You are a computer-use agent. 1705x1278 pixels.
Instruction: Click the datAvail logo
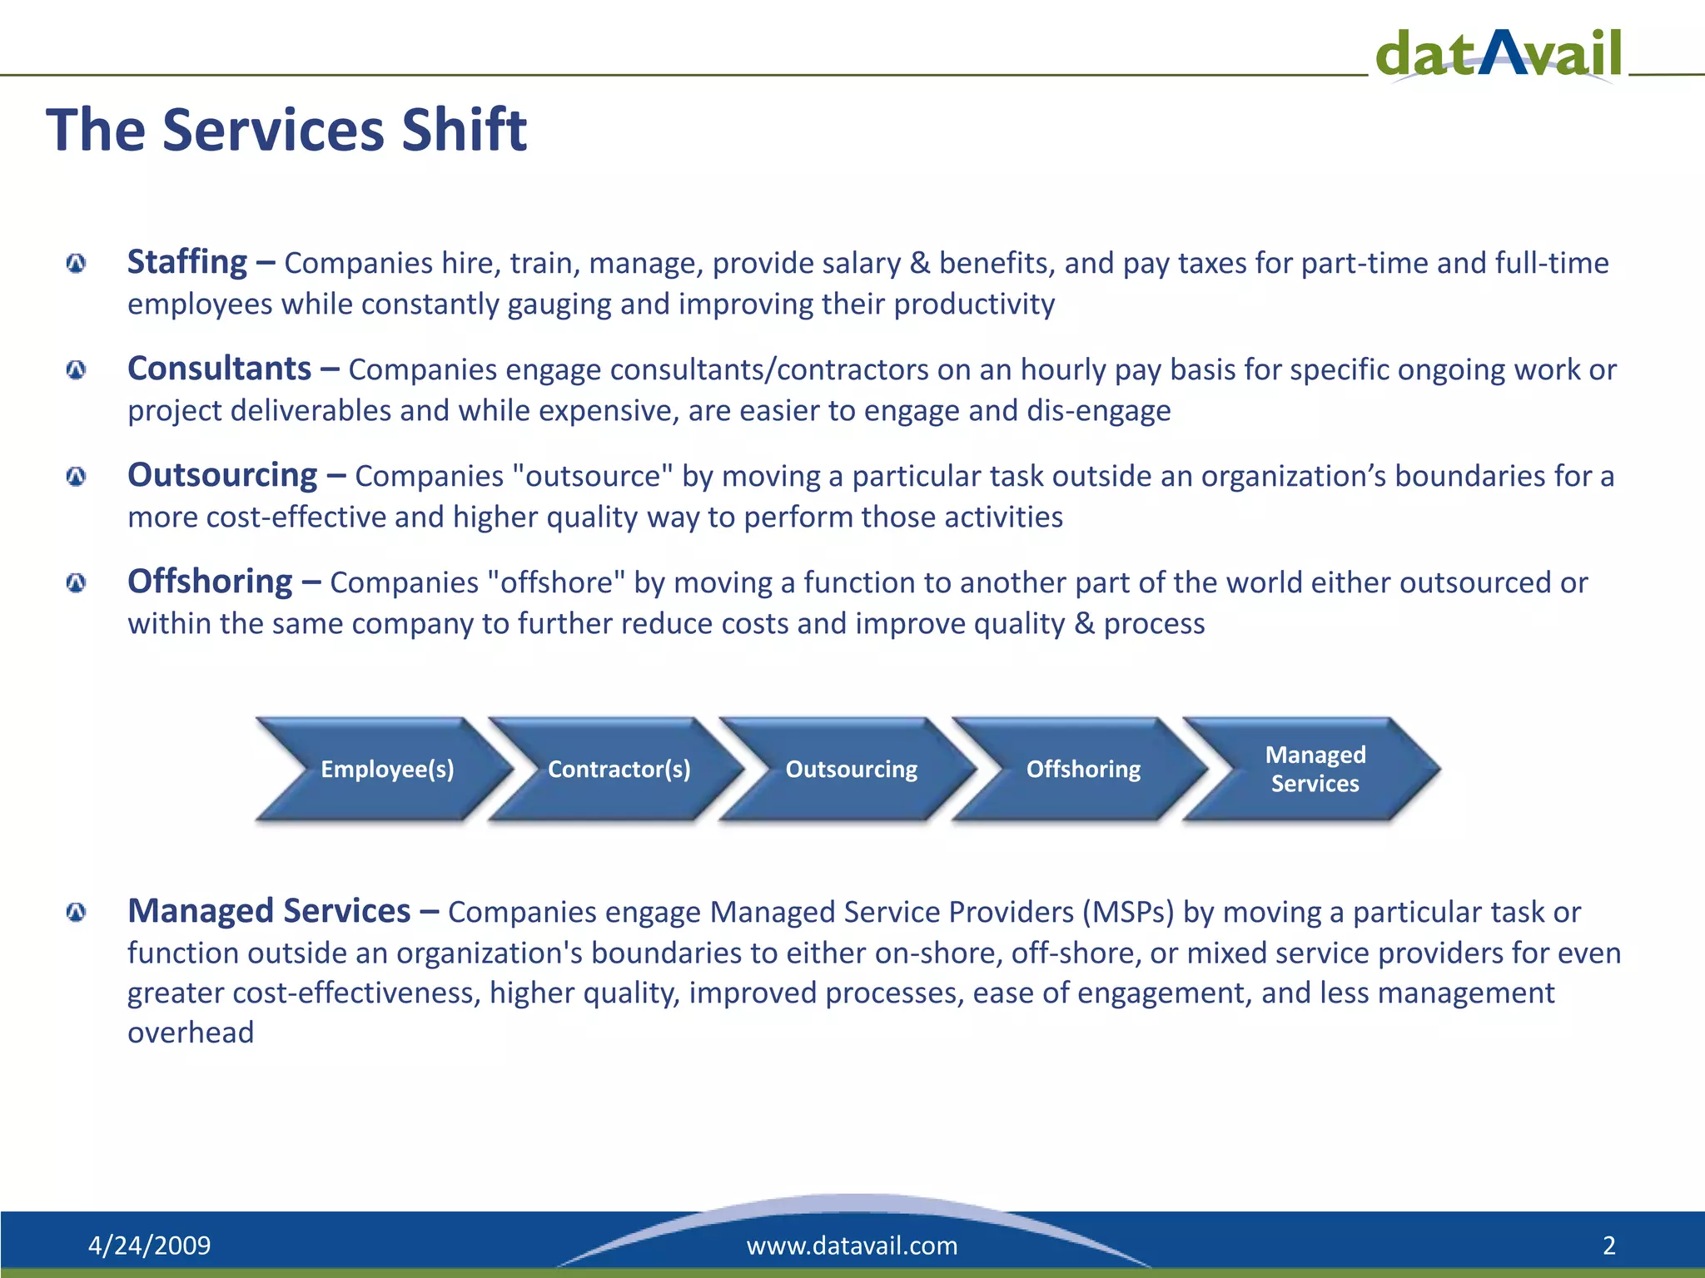tap(1499, 54)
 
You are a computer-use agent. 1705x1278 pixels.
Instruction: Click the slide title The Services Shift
tap(286, 130)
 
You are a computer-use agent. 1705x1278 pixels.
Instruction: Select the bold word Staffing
tap(187, 263)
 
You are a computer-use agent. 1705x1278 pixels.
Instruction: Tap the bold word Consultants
tap(220, 369)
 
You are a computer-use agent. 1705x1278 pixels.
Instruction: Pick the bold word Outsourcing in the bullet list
tap(222, 476)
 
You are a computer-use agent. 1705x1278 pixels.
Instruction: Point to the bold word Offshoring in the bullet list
tap(210, 582)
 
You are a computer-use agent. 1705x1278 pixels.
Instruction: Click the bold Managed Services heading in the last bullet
tap(269, 911)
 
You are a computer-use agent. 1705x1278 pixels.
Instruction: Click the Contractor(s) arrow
tap(617, 770)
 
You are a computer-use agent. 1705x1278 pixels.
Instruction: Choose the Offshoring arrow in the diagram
tap(1081, 770)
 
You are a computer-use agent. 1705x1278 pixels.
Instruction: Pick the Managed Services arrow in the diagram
tap(1312, 770)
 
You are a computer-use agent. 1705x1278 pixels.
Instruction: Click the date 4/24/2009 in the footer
tap(150, 1246)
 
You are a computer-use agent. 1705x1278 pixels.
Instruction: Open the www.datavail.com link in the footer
tap(852, 1246)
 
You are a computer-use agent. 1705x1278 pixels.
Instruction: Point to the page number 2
tap(1609, 1246)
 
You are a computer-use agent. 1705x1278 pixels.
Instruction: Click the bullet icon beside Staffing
tap(76, 264)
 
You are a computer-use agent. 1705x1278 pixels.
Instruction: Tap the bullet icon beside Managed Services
tap(76, 913)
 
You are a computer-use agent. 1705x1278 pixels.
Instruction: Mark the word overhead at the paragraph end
tap(191, 1033)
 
